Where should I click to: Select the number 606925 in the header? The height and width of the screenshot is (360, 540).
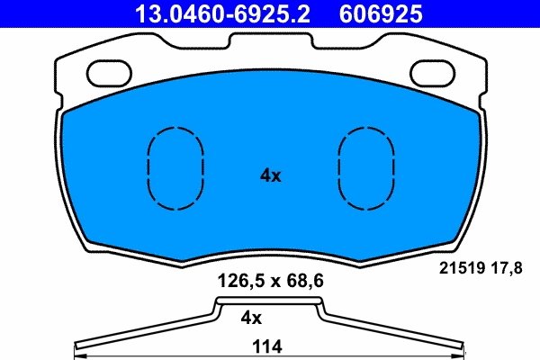[x=380, y=13]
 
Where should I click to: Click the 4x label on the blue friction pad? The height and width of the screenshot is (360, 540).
[x=270, y=176]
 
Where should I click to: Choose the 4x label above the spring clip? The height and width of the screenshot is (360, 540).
[x=251, y=318]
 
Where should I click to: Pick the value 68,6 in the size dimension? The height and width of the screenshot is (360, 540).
[x=303, y=281]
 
